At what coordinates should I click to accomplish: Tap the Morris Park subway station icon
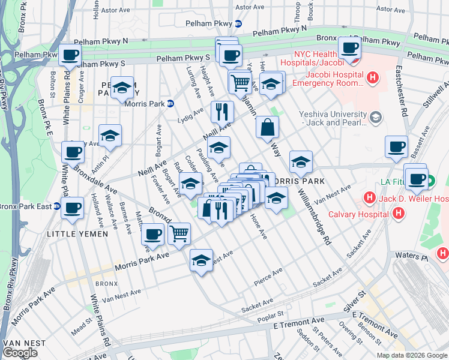(x=170, y=103)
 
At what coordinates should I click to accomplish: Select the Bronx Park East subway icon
(x=57, y=206)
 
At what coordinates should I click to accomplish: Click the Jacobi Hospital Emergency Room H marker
(x=373, y=77)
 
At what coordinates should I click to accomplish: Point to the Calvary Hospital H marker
(x=397, y=213)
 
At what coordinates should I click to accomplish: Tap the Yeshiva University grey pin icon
(x=376, y=116)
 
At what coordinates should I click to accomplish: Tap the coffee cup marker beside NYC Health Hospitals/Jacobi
(x=349, y=47)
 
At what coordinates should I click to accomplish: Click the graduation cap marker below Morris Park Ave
(x=201, y=260)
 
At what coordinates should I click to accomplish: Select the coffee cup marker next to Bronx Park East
(x=73, y=208)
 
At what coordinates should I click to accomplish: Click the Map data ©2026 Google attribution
(x=412, y=355)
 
